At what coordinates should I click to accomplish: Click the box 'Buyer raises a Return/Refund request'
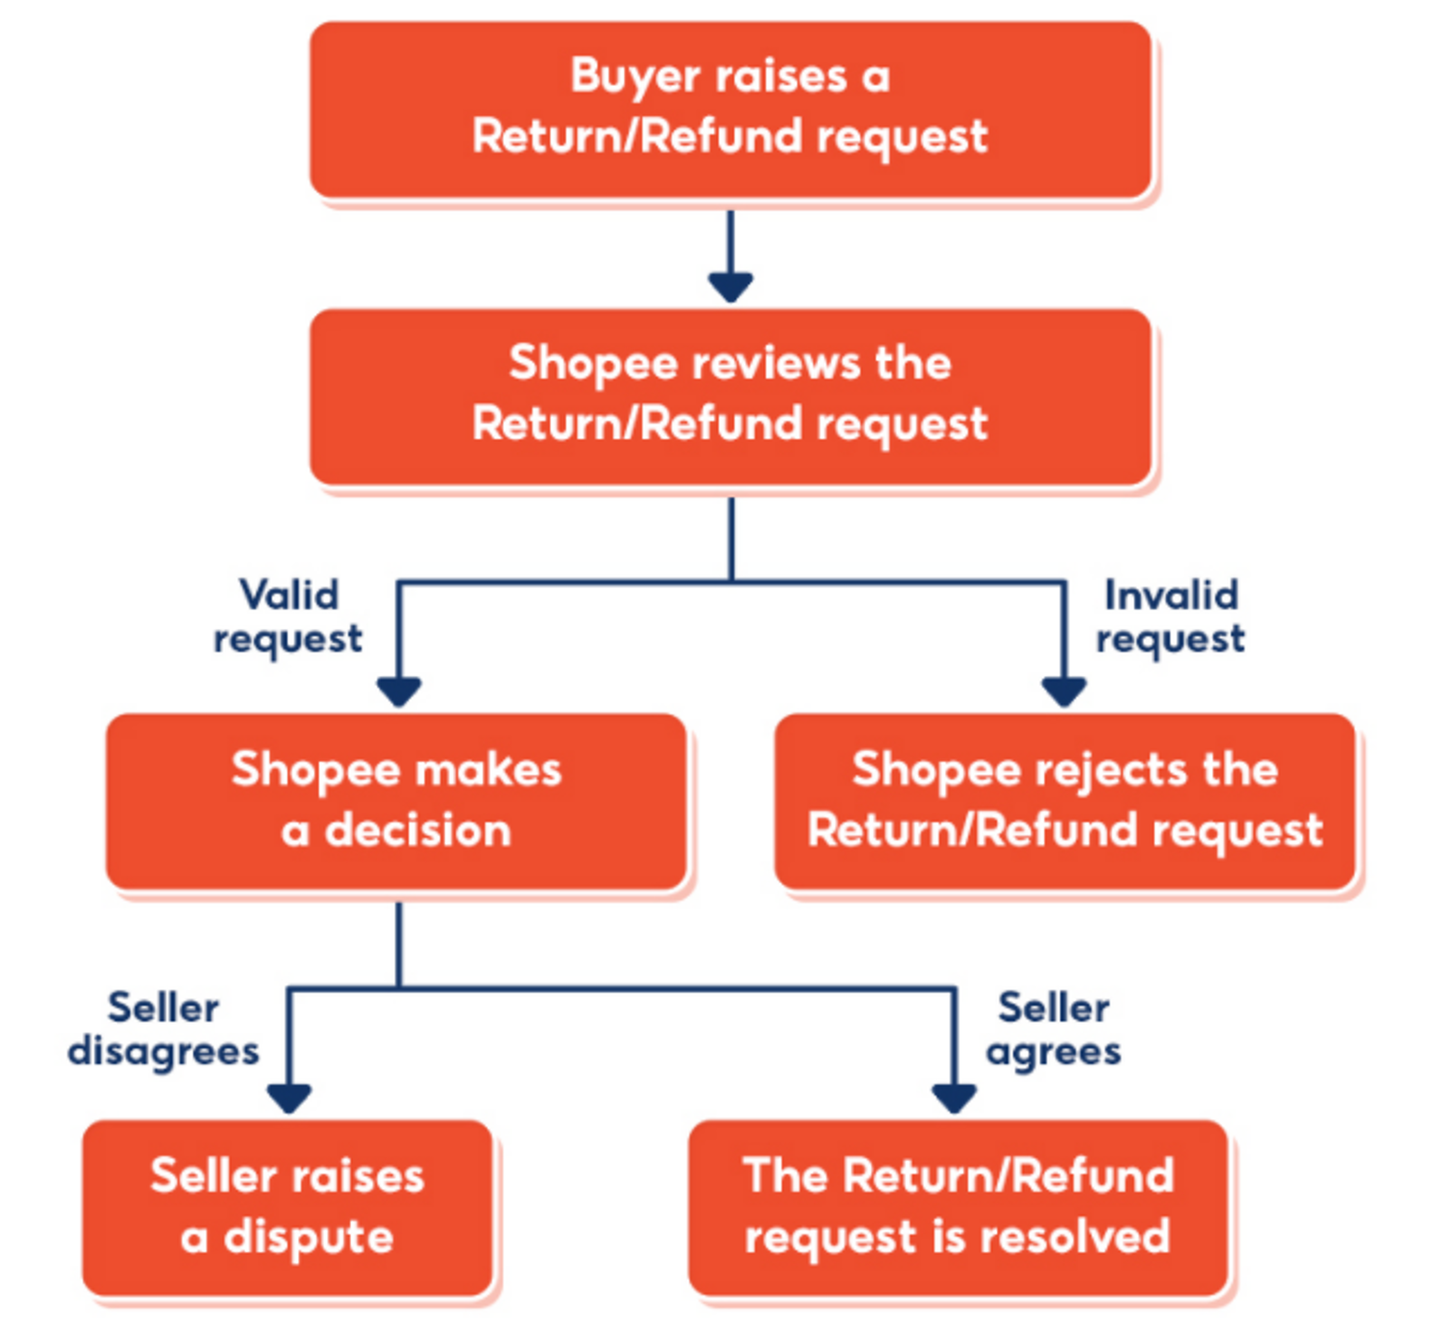pyautogui.click(x=730, y=109)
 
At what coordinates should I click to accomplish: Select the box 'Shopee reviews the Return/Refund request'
pyautogui.click(x=730, y=395)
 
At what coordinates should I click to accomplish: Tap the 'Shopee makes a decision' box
pyautogui.click(x=396, y=801)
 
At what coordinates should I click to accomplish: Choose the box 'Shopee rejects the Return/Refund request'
pyautogui.click(x=1065, y=801)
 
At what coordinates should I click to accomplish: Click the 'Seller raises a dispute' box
pyautogui.click(x=287, y=1208)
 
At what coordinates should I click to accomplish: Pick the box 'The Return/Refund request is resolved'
pyautogui.click(x=957, y=1208)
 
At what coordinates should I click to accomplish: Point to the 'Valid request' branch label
pyautogui.click(x=288, y=617)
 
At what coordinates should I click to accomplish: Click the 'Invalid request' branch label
pyautogui.click(x=1170, y=617)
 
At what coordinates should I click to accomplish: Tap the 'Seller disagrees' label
pyautogui.click(x=163, y=1030)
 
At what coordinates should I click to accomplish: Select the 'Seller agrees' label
pyautogui.click(x=1053, y=1030)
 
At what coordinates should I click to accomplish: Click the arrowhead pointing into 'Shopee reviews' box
pyautogui.click(x=731, y=287)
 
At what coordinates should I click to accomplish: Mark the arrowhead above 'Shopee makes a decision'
pyautogui.click(x=399, y=691)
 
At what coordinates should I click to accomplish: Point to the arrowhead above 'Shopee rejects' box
pyautogui.click(x=1064, y=691)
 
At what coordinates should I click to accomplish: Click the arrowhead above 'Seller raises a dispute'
pyautogui.click(x=290, y=1098)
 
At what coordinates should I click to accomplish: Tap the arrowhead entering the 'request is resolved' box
pyautogui.click(x=954, y=1098)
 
